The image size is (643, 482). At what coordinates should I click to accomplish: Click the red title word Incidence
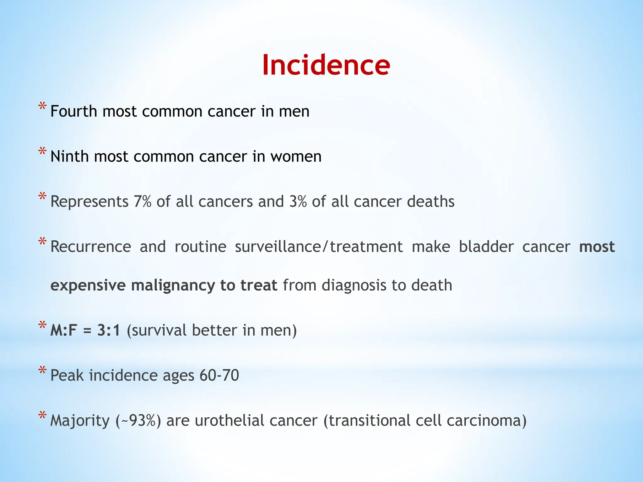point(326,65)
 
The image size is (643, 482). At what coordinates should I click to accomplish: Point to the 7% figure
point(143,201)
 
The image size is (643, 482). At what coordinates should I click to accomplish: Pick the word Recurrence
point(91,247)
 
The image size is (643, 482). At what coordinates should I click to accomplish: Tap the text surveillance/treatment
point(318,247)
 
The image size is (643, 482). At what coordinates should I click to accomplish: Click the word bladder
point(486,247)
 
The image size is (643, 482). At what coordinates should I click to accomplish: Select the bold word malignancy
point(173,286)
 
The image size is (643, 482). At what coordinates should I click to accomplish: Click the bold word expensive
point(88,286)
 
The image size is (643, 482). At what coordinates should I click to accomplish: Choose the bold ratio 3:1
point(109,330)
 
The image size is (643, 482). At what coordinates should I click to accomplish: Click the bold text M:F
point(64,330)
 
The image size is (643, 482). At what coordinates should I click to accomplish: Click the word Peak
point(67,375)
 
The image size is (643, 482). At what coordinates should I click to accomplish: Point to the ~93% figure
point(138,421)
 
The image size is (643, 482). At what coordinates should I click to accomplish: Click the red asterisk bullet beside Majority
point(42,416)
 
